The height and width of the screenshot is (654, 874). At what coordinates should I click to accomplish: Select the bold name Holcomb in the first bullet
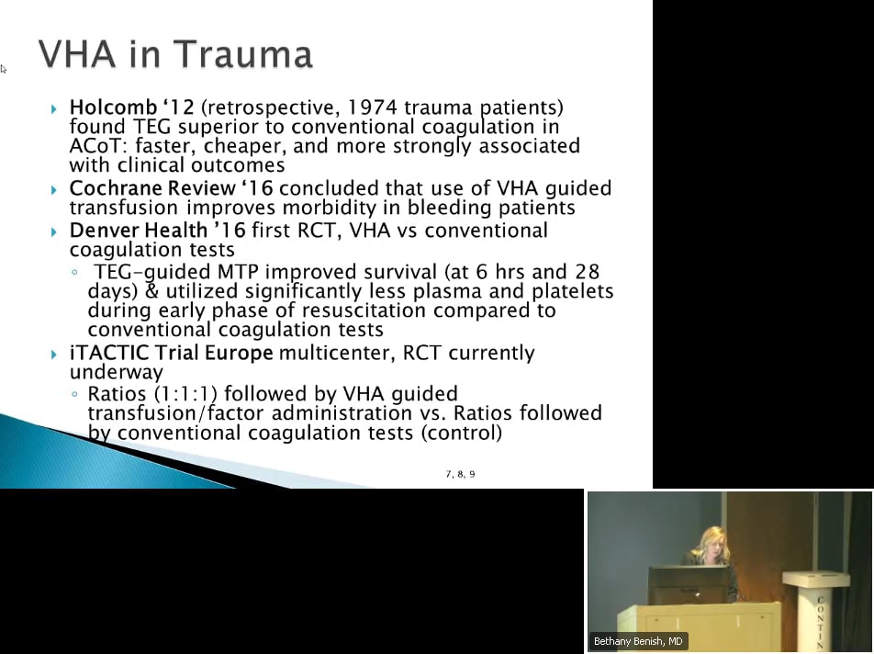pos(109,107)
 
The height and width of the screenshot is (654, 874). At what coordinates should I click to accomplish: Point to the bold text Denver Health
pos(138,231)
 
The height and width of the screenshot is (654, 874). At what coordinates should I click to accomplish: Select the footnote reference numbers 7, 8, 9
pos(460,474)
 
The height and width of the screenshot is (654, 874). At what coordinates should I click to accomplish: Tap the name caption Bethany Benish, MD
pos(638,641)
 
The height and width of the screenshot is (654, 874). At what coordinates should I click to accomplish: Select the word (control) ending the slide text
pos(462,433)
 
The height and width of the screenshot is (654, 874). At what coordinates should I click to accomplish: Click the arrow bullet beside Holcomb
pos(55,108)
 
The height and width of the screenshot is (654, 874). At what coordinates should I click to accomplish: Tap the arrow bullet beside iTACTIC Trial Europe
pos(55,354)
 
